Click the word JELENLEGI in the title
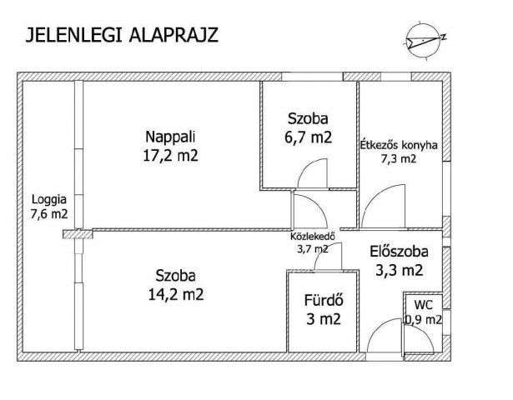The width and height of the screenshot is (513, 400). [x=74, y=35]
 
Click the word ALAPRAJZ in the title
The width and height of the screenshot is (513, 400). [x=174, y=35]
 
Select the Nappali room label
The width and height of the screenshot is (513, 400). [x=170, y=137]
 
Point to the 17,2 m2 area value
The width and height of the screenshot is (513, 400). [x=171, y=156]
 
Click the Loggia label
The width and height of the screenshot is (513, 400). [x=49, y=199]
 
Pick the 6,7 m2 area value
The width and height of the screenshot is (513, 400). [x=308, y=137]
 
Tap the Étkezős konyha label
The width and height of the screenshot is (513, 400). [x=399, y=145]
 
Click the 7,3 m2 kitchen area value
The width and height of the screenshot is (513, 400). [x=399, y=159]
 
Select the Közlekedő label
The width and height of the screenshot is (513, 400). [x=313, y=236]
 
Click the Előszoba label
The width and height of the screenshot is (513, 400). [x=400, y=252]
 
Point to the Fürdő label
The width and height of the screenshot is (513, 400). [x=324, y=300]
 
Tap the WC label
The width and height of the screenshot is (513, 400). [x=424, y=305]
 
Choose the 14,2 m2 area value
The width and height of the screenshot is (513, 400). [x=176, y=295]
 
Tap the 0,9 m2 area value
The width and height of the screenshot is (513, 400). [x=424, y=320]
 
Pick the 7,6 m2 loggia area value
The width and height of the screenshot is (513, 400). [x=49, y=214]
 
